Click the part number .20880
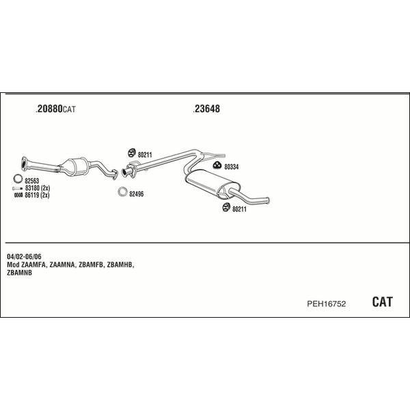point(49,109)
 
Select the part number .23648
point(206,109)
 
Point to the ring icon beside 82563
point(18,178)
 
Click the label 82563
point(32,180)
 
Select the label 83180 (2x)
point(38,188)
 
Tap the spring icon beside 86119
point(18,195)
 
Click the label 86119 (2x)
point(37,195)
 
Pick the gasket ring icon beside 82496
point(122,192)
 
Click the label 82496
point(137,194)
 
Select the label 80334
point(232,167)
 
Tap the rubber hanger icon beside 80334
point(217,165)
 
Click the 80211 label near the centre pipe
point(145,155)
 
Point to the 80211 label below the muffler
point(239,209)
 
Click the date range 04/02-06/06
point(24,256)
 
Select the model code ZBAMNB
point(19,273)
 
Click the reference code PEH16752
point(327,303)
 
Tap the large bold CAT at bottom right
point(382,302)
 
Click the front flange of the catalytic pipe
point(24,164)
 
